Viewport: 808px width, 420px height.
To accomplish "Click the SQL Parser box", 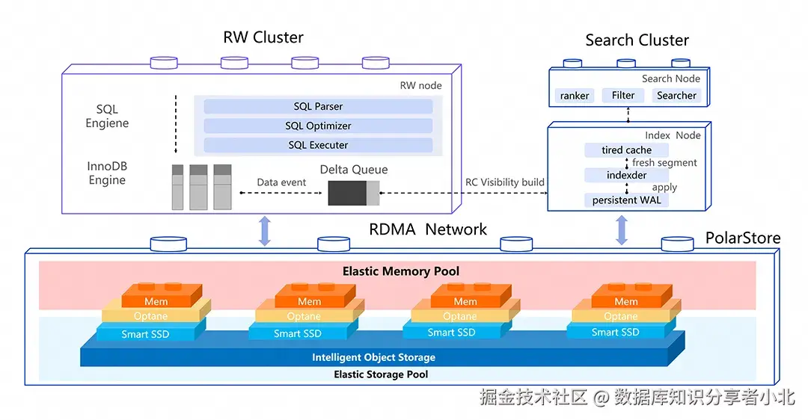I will point(318,106).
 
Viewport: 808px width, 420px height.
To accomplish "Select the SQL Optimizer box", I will point(318,126).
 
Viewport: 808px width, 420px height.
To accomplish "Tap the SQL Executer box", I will point(318,145).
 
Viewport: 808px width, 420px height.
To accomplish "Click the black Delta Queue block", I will point(347,193).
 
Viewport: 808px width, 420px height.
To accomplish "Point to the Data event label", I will point(281,182).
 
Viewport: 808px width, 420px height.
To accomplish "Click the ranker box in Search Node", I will point(575,96).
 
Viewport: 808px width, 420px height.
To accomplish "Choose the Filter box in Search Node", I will point(623,95).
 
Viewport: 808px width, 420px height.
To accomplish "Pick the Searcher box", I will point(676,96).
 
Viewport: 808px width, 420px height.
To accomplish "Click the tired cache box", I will point(626,150).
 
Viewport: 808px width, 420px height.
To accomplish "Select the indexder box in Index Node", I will point(626,175).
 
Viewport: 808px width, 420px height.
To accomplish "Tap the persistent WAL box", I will point(626,200).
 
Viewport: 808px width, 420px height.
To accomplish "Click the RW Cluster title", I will point(263,37).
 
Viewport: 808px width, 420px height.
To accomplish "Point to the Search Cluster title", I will point(637,40).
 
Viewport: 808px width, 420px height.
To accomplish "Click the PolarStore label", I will point(743,238).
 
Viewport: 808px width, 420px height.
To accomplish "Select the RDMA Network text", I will point(428,229).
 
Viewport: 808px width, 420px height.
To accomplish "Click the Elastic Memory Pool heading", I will point(401,271).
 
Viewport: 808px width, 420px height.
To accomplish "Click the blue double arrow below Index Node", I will point(621,230).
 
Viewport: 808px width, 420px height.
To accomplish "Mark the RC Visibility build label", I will point(505,182).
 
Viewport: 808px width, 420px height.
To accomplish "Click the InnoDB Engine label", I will point(107,173).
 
